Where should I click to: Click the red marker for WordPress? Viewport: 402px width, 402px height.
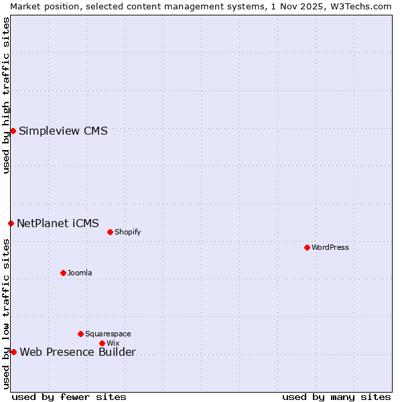pyautogui.click(x=307, y=247)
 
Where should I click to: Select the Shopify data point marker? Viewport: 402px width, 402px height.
pyautogui.click(x=110, y=232)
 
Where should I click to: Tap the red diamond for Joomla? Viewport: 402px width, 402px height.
pyautogui.click(x=63, y=273)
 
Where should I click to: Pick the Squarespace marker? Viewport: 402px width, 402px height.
pyautogui.click(x=80, y=334)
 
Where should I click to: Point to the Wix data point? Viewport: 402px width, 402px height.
pyautogui.click(x=102, y=343)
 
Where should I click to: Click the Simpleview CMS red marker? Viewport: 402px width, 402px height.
pyautogui.click(x=13, y=131)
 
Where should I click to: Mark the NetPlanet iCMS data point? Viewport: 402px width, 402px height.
pyautogui.click(x=11, y=223)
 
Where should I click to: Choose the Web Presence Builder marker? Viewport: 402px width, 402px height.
pyautogui.click(x=13, y=352)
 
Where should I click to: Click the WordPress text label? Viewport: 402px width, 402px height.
pyautogui.click(x=330, y=247)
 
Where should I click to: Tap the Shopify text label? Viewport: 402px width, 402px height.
pyautogui.click(x=127, y=232)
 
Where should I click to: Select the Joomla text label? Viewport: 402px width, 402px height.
pyautogui.click(x=80, y=273)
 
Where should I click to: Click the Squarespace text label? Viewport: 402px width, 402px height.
pyautogui.click(x=108, y=334)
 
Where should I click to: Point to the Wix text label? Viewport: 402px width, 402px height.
pyautogui.click(x=113, y=343)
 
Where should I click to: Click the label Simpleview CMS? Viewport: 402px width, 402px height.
pyautogui.click(x=63, y=131)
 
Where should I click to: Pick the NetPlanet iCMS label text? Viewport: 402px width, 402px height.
pyautogui.click(x=58, y=223)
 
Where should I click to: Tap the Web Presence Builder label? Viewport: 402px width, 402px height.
pyautogui.click(x=78, y=352)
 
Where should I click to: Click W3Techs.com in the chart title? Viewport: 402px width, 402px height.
pyautogui.click(x=364, y=6)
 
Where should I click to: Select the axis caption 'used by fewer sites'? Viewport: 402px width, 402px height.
pyautogui.click(x=69, y=397)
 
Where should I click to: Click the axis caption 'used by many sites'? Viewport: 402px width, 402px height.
pyautogui.click(x=336, y=397)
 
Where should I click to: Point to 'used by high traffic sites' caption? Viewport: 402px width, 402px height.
pyautogui.click(x=6, y=95)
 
